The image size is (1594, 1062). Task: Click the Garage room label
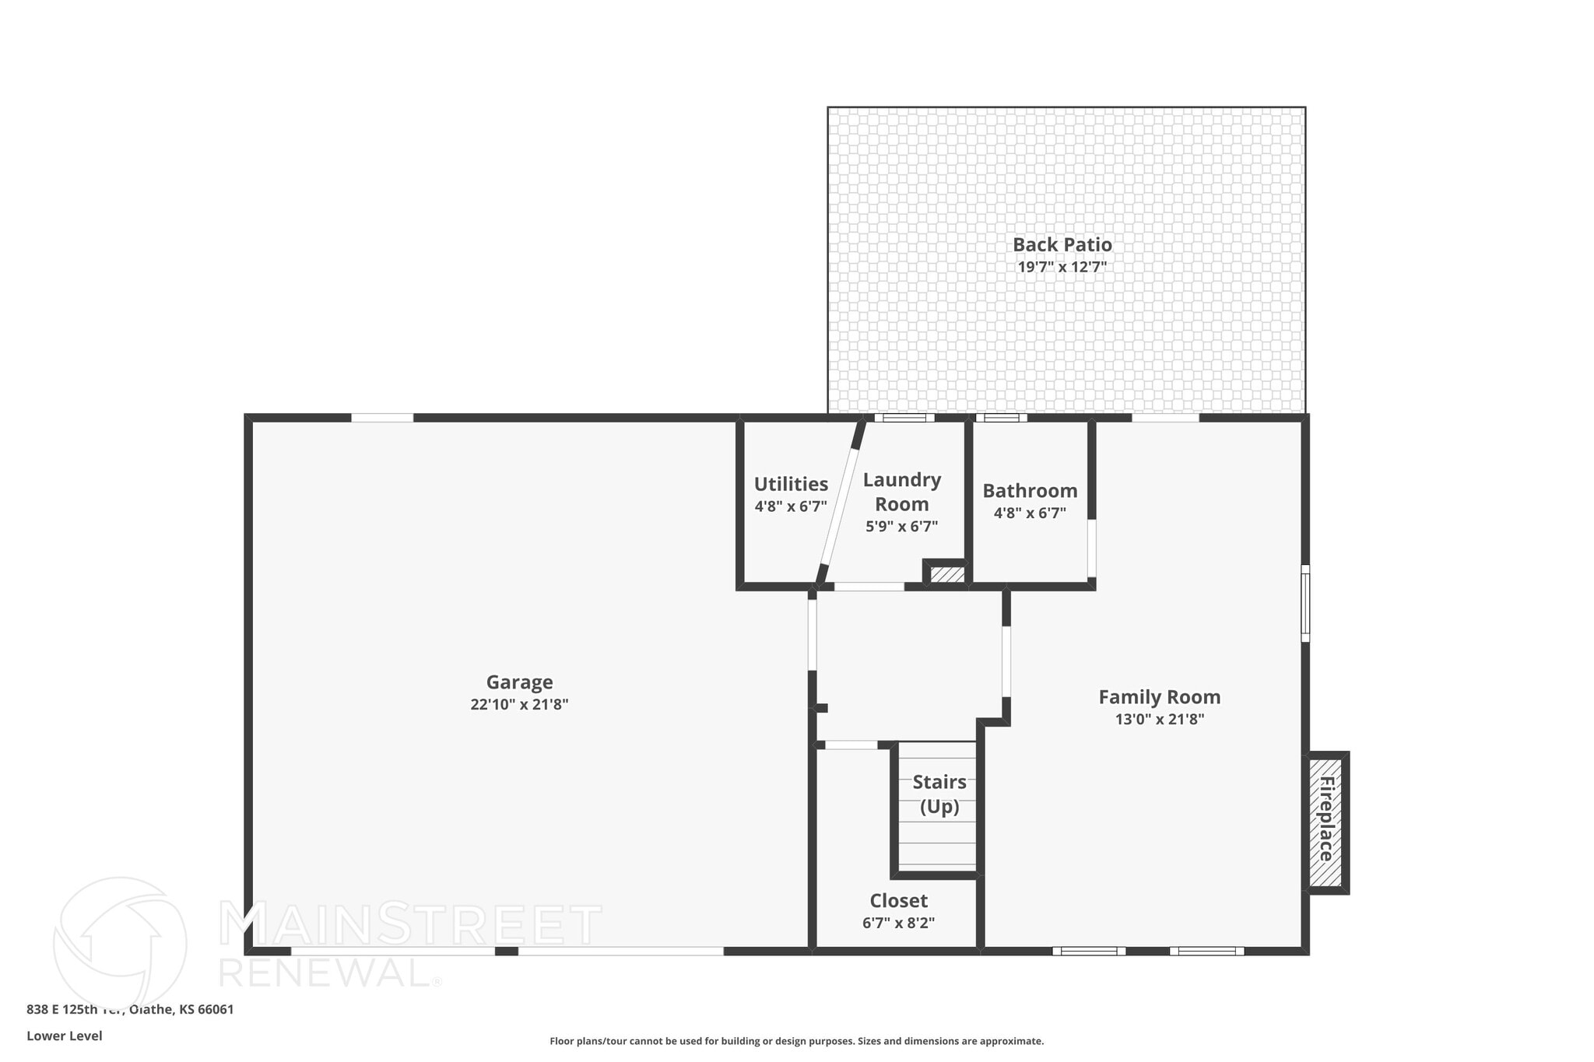coord(519,682)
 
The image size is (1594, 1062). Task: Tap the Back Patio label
coord(1062,245)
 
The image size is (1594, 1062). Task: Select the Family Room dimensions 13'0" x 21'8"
coord(1159,720)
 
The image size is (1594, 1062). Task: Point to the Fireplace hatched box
coord(1325,822)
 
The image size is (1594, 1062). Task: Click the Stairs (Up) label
coord(939,794)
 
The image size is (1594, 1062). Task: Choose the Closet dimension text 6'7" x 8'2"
coord(898,924)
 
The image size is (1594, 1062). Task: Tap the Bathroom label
coord(1030,491)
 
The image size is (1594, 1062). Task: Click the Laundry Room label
coord(901,492)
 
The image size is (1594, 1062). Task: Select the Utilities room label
coord(791,485)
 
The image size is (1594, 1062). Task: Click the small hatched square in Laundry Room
coord(947,575)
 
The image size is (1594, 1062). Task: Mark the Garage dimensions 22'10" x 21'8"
coord(519,705)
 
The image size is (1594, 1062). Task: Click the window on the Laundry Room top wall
coord(904,418)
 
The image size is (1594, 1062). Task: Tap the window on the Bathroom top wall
coord(1001,418)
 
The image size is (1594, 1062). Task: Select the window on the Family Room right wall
coord(1305,604)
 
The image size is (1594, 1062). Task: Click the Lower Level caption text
coord(64,1036)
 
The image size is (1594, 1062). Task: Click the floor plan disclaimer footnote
coord(796,1041)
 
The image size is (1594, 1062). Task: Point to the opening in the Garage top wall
coord(381,418)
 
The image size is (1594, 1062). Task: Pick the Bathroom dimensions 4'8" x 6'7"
coord(1030,513)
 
